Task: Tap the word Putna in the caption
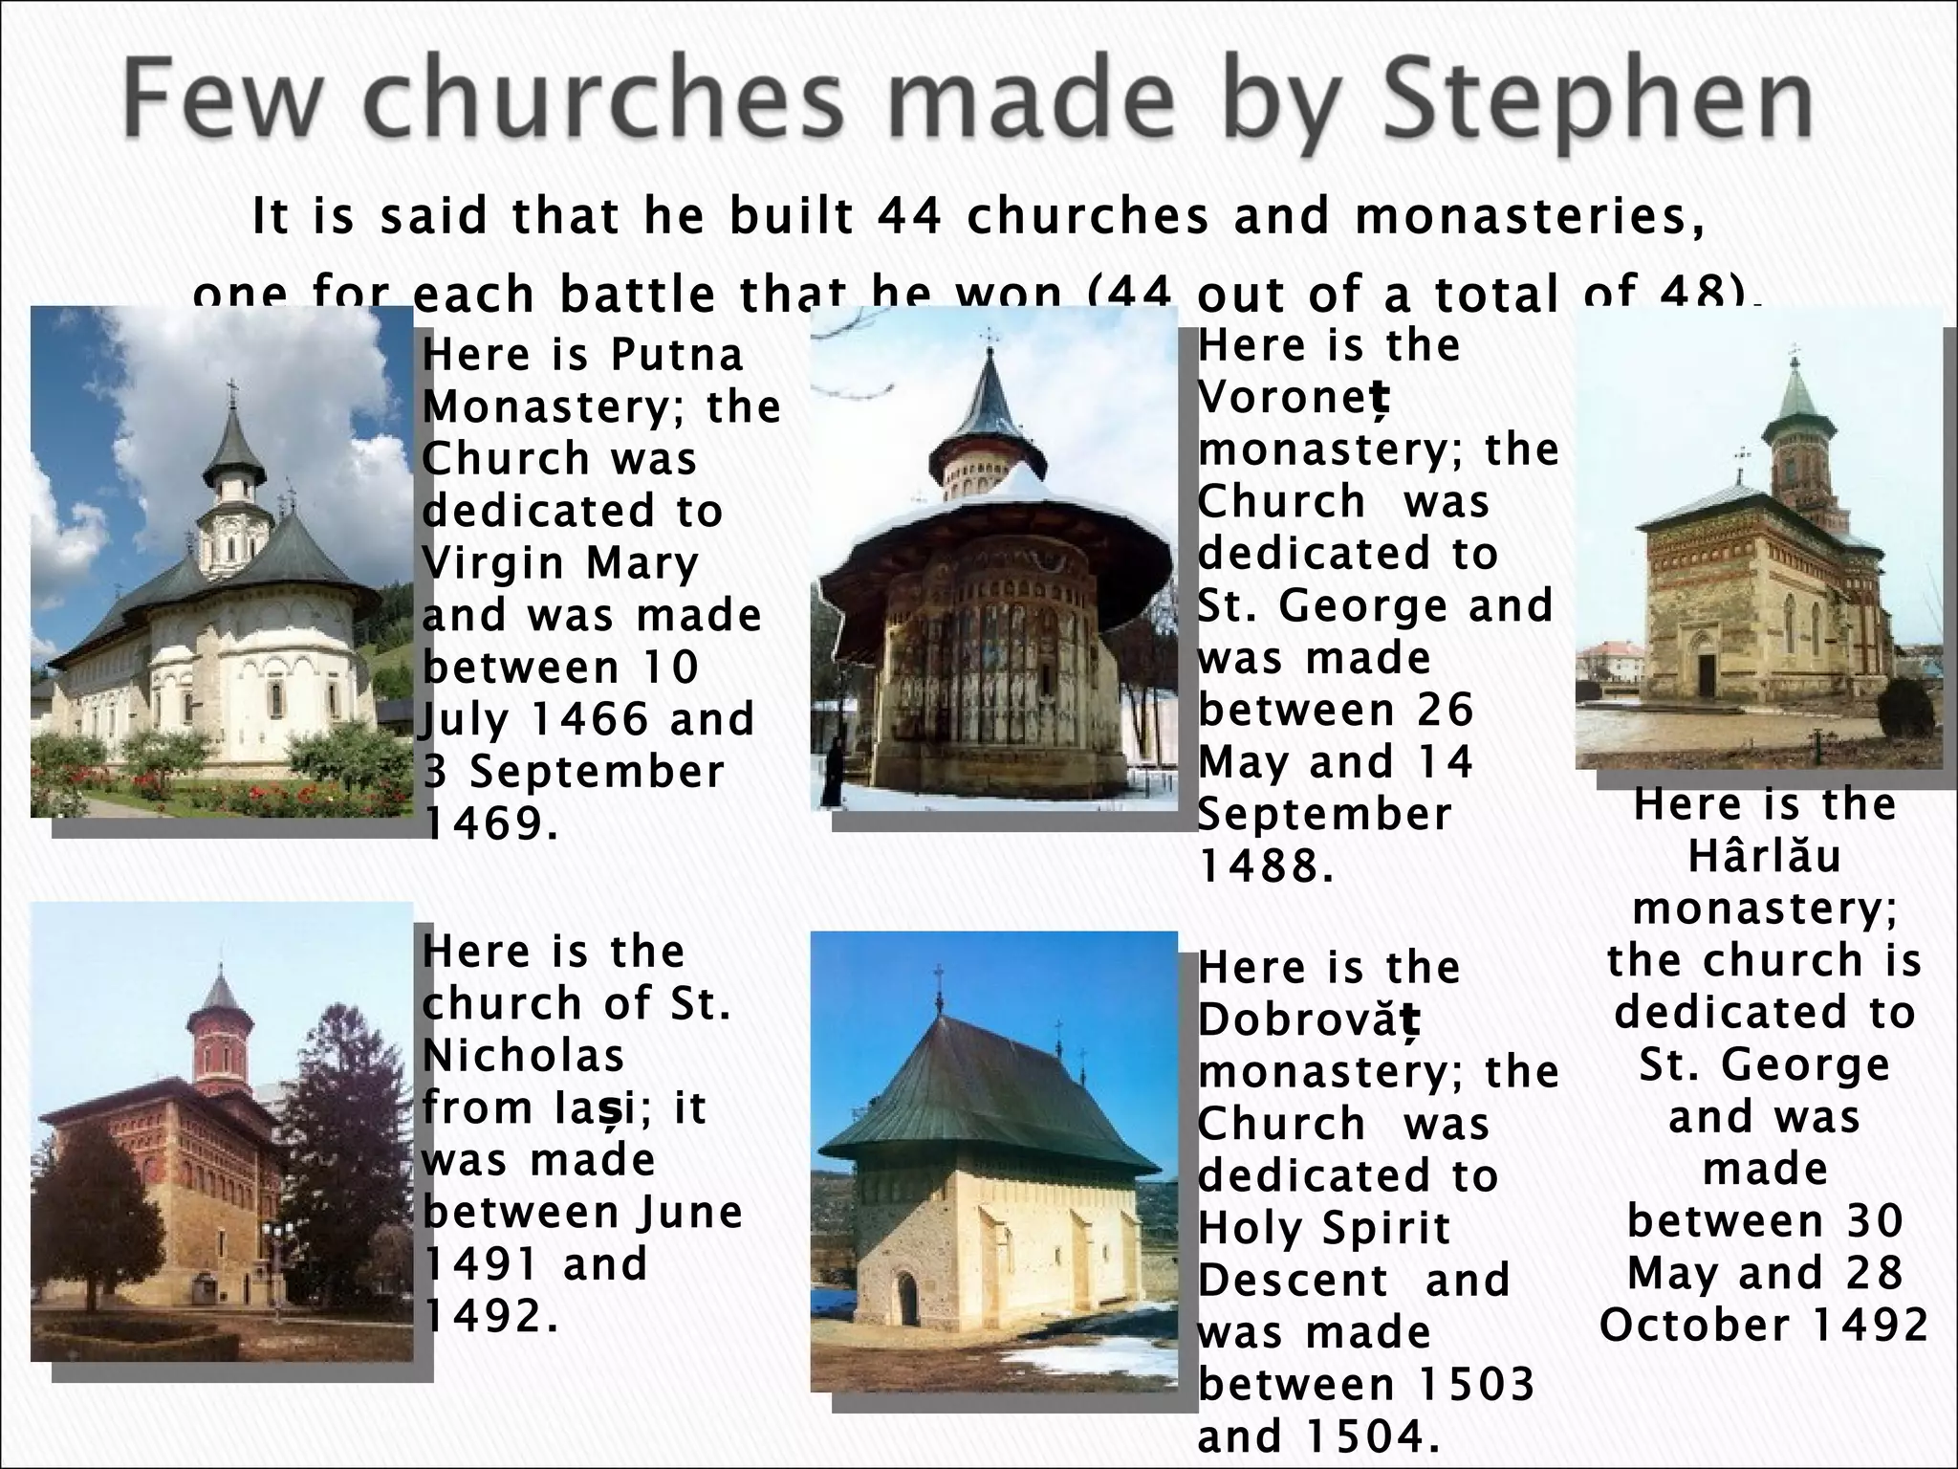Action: click(677, 356)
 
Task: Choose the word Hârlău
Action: click(1764, 856)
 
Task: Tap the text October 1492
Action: click(1764, 1325)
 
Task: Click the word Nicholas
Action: click(523, 1056)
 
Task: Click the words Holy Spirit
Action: click(1324, 1228)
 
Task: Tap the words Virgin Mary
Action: click(560, 562)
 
